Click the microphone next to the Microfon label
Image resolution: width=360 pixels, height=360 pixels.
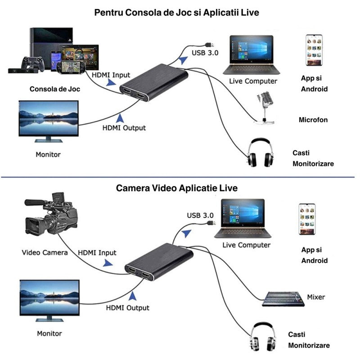264,106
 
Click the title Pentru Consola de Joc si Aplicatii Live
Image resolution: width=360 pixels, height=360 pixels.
176,13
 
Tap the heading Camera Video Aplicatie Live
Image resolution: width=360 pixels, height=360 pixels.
177,188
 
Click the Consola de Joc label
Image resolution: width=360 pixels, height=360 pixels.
55,89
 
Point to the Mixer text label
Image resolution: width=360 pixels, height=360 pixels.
316,297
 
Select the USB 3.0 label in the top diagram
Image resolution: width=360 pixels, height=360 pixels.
205,53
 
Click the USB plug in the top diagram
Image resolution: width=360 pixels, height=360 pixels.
209,44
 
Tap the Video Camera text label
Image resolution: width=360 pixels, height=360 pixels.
45,252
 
